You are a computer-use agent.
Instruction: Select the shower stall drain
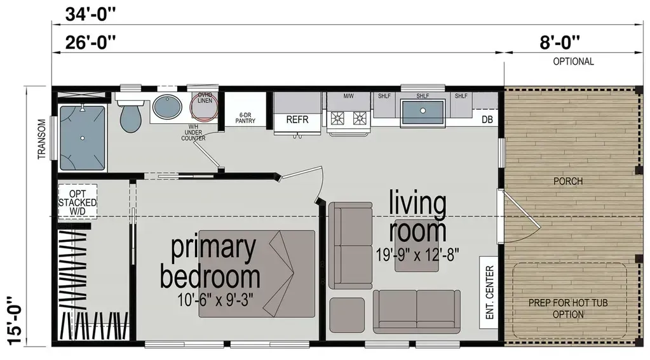pyautogui.click(x=83, y=137)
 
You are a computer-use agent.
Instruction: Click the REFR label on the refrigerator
pyautogui.click(x=297, y=119)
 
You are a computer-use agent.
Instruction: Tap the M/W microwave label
pyautogui.click(x=348, y=96)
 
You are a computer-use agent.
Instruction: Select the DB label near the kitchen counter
pyautogui.click(x=487, y=119)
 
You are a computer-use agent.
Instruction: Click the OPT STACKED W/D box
pyautogui.click(x=78, y=202)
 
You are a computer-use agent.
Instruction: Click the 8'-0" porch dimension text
pyautogui.click(x=560, y=43)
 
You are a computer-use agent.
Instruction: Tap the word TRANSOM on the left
pyautogui.click(x=42, y=138)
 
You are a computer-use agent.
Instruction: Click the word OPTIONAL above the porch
pyautogui.click(x=573, y=62)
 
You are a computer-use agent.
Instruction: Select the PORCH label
pyautogui.click(x=567, y=181)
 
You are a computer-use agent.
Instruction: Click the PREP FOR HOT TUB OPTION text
pyautogui.click(x=567, y=309)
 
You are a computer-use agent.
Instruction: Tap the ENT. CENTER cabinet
pyautogui.click(x=489, y=293)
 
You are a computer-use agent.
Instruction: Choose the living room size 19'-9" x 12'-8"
pyautogui.click(x=417, y=252)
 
